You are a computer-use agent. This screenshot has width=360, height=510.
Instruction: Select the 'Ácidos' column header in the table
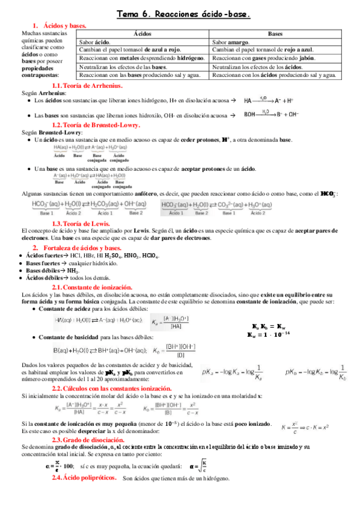[x=144, y=35]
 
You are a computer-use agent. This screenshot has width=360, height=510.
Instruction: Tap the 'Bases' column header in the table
[x=275, y=35]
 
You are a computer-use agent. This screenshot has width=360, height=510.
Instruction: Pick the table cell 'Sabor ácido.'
[x=95, y=43]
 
